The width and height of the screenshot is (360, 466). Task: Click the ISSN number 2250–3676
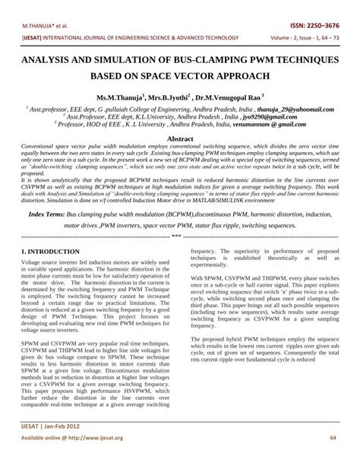point(330,24)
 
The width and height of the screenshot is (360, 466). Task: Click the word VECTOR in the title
point(223,77)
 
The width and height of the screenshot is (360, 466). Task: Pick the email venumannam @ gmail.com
point(267,125)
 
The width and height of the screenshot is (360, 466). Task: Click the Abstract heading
point(179,139)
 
